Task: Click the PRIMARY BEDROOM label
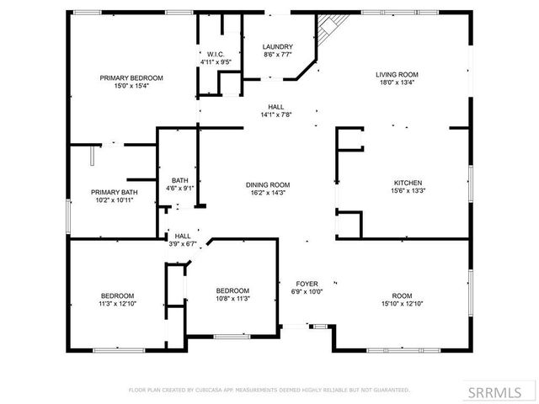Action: click(x=131, y=77)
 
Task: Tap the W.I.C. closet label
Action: click(x=214, y=54)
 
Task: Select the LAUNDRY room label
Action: click(x=277, y=46)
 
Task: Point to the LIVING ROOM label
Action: click(x=397, y=75)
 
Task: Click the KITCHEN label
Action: click(x=408, y=183)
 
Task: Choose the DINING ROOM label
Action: click(x=268, y=185)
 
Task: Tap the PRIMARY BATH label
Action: click(x=115, y=193)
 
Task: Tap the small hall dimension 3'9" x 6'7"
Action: click(x=182, y=244)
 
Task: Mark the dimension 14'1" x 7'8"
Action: click(x=275, y=115)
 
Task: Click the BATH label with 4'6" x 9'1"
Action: click(x=179, y=180)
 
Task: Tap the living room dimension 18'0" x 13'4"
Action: click(x=397, y=82)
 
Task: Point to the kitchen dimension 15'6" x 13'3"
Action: click(x=408, y=191)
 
